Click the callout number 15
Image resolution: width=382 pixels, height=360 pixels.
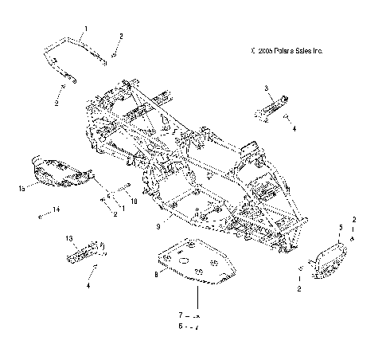[x=23, y=190]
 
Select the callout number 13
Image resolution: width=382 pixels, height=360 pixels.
[x=68, y=237]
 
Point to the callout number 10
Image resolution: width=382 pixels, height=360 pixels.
[x=134, y=202]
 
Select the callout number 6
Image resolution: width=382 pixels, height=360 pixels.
[x=181, y=327]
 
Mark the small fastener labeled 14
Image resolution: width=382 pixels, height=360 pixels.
[x=39, y=215]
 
